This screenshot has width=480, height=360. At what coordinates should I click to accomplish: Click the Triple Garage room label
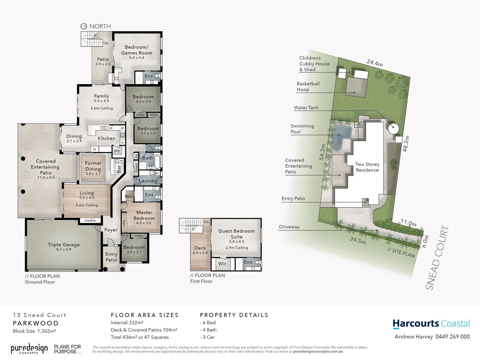coord(64,245)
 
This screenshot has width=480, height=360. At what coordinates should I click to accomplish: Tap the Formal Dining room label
coord(93,166)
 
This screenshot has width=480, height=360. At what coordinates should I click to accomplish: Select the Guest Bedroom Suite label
coord(236,234)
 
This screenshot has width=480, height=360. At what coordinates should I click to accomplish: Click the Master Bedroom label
coord(144,215)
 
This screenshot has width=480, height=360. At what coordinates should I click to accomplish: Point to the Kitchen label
coord(106,138)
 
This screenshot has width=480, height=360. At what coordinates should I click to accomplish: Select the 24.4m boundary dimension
coord(374,63)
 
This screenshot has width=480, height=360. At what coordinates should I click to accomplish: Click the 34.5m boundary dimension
coord(358,240)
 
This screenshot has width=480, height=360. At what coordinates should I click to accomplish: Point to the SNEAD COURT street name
coord(437,258)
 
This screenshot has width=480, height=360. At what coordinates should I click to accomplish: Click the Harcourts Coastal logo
coord(431,324)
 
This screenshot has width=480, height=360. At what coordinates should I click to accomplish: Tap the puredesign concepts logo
coord(29,349)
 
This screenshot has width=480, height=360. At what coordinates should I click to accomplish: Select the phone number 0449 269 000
coord(452,337)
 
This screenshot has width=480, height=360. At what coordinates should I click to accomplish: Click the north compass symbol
coord(84,26)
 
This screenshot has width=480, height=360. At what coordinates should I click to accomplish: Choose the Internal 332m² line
coord(127,323)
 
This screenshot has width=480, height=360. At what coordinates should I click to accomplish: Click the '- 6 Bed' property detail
coord(208,323)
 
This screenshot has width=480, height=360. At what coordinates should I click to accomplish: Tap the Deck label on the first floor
coord(200,248)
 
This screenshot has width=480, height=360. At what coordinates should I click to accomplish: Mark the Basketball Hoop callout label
coord(308,87)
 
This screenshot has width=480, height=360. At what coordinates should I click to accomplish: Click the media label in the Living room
coord(90,220)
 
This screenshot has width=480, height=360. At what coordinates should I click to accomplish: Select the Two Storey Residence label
coord(367,167)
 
